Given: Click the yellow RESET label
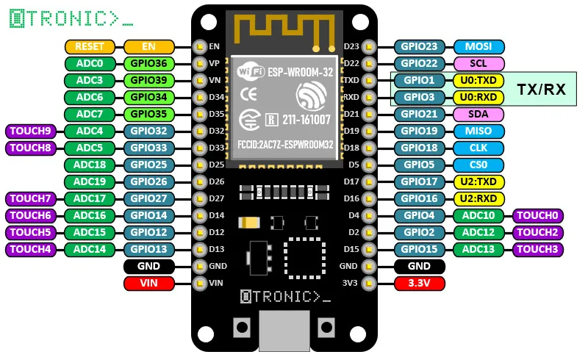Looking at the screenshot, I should click(90, 46).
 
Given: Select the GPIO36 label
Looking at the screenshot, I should click(149, 63).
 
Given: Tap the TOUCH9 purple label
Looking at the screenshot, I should click(32, 132).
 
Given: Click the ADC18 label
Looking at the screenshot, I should click(90, 165).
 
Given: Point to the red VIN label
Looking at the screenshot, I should click(149, 282).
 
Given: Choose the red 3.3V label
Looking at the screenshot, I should click(420, 282).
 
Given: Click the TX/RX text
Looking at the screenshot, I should click(542, 89).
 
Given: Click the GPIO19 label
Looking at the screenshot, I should click(420, 131).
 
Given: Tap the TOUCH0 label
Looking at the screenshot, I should click(538, 215).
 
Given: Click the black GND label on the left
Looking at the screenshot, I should click(149, 266).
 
